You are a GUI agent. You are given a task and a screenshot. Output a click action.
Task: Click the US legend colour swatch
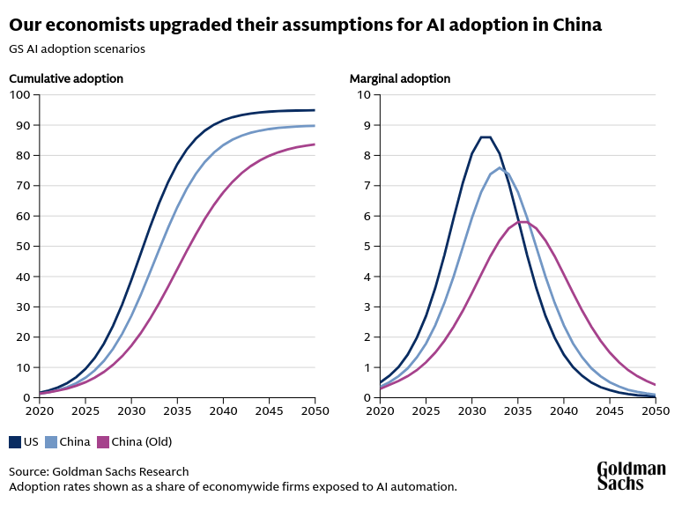15,441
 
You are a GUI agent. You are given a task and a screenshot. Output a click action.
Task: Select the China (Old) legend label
141,441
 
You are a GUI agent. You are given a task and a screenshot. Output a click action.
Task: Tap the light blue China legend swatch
50,441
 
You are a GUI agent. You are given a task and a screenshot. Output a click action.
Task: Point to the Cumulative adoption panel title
66,78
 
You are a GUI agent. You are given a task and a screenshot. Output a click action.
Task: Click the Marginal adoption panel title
400,78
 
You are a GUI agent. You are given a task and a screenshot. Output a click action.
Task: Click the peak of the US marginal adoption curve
486,137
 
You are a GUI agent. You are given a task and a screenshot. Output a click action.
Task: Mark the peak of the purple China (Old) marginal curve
523,221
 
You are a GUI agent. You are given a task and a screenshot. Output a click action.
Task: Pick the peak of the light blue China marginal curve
500,167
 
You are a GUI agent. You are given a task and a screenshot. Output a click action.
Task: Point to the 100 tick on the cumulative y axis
20,94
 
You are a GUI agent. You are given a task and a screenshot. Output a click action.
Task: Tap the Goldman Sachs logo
631,475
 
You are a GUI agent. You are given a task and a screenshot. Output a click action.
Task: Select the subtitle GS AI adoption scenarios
77,48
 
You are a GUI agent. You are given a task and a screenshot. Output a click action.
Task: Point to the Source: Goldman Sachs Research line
99,471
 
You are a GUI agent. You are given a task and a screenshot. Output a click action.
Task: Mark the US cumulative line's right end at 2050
315,110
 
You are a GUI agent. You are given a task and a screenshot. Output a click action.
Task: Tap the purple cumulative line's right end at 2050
315,144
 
